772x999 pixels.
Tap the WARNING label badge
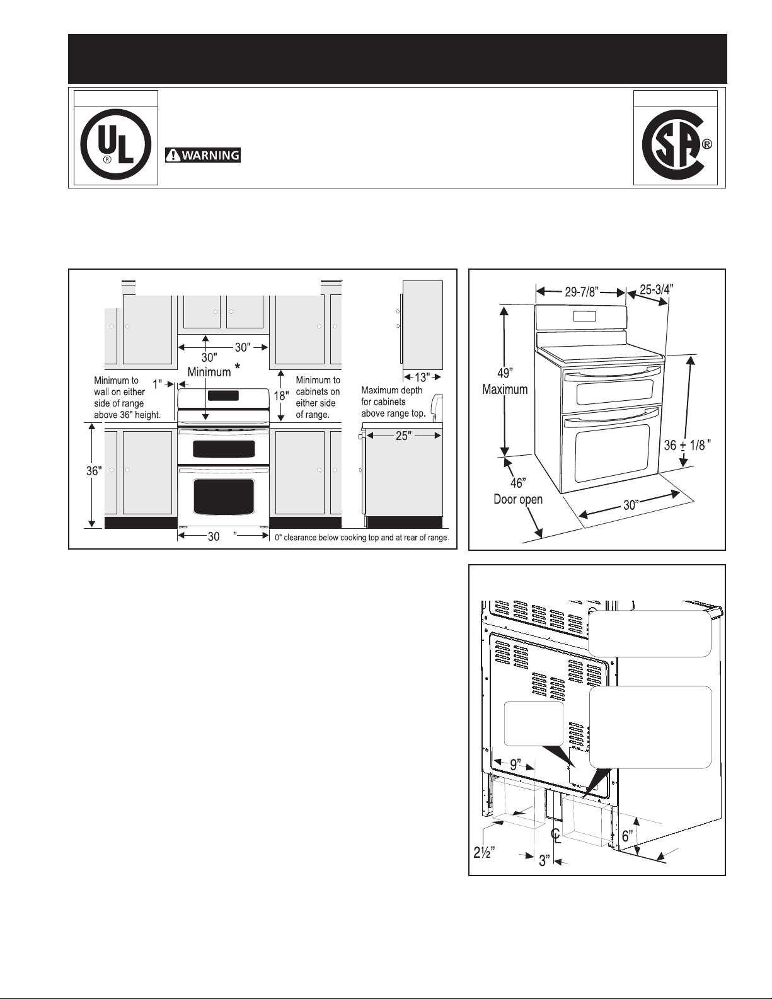203,156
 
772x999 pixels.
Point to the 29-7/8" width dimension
581,292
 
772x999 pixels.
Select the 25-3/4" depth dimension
657,290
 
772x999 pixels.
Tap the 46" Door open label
518,491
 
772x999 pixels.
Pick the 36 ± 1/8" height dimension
688,445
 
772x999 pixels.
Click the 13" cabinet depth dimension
422,378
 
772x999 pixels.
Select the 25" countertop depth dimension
403,436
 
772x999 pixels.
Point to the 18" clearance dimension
281,395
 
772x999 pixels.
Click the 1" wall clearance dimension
158,384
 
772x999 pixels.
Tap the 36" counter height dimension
94,471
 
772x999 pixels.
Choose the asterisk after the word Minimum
237,366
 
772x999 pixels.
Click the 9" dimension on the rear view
516,764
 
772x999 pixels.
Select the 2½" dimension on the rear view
485,853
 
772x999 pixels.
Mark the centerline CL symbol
556,835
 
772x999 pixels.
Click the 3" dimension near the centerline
544,860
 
